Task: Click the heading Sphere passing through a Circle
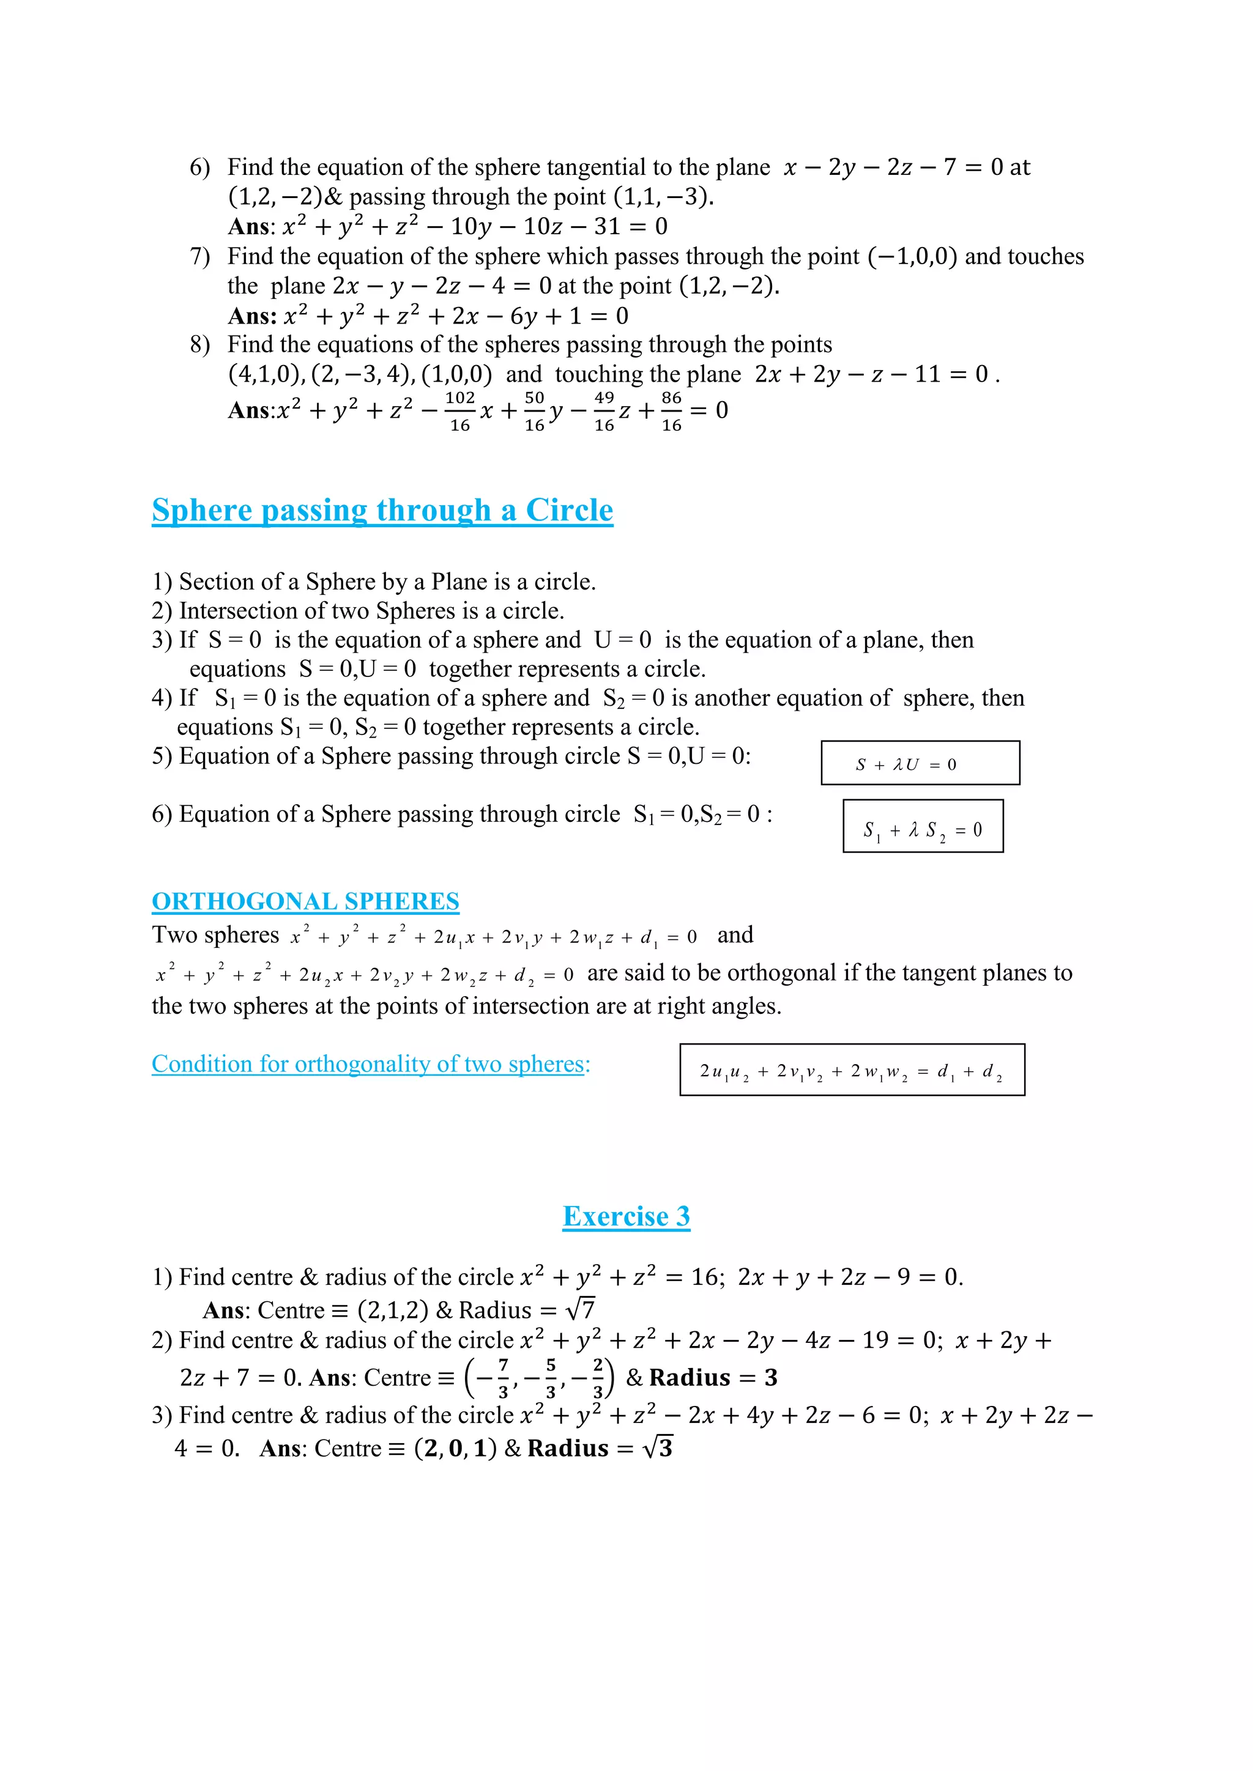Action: click(x=382, y=511)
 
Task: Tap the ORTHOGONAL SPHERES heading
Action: click(x=305, y=901)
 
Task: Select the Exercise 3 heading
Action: click(x=626, y=1216)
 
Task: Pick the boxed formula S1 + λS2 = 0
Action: click(x=923, y=826)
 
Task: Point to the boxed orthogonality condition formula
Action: click(x=852, y=1070)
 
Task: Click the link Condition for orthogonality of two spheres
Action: click(x=370, y=1063)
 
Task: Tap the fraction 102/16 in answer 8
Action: click(x=460, y=411)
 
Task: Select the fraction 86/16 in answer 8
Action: click(x=671, y=411)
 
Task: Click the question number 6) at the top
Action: click(x=200, y=168)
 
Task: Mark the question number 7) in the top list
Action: click(x=200, y=256)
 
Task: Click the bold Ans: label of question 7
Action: click(x=252, y=316)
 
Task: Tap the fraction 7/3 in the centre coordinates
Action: click(x=503, y=1378)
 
